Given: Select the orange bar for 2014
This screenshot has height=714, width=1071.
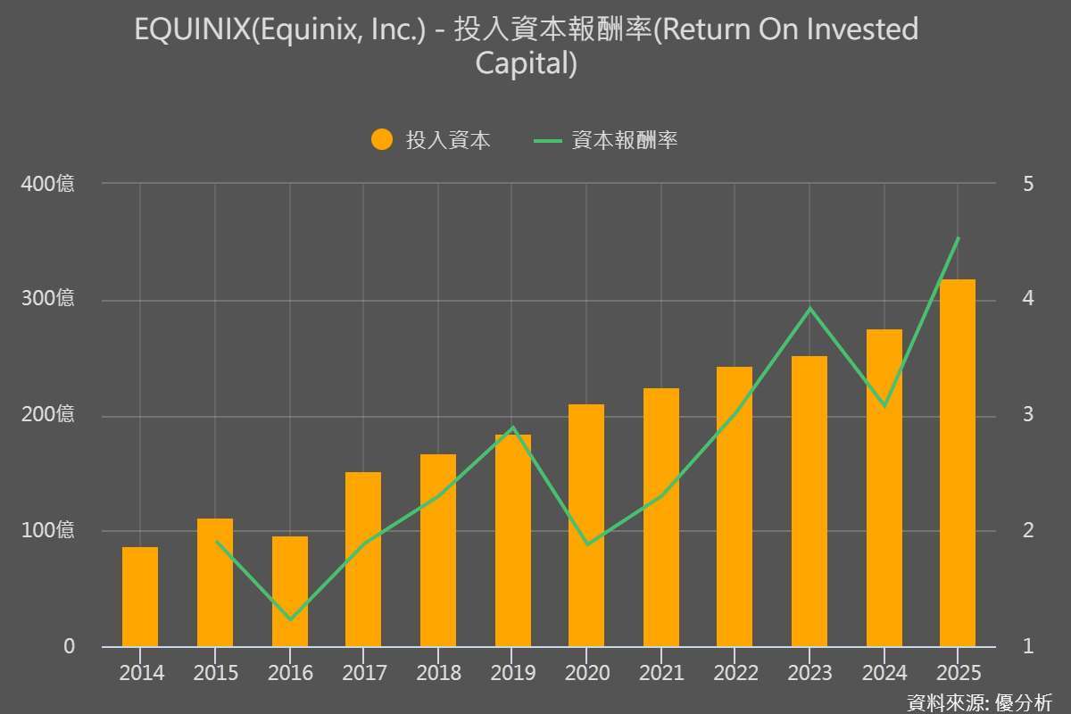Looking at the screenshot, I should [x=140, y=597].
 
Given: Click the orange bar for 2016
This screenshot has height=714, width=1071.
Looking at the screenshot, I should [x=290, y=592].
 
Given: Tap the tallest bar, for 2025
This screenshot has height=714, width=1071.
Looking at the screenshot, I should [x=958, y=463].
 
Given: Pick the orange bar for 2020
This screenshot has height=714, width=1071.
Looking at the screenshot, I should [x=586, y=526].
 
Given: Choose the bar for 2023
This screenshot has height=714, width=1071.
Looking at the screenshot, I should [x=809, y=502].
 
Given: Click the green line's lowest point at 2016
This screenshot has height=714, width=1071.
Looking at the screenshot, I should [x=290, y=619].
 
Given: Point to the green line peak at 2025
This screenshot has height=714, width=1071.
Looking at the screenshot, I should [x=958, y=238].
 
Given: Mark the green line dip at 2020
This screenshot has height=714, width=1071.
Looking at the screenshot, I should [x=586, y=544].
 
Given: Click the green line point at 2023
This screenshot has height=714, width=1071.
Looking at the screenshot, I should [x=809, y=309].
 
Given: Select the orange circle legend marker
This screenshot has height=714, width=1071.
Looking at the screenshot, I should [x=382, y=140].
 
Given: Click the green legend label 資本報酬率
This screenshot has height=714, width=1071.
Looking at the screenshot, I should [x=625, y=140].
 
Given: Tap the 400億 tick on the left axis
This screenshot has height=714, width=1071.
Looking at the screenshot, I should [x=48, y=184].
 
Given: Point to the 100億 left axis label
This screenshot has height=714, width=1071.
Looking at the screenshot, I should [x=48, y=531].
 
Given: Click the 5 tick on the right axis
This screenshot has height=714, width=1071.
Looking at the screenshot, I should [x=1028, y=184].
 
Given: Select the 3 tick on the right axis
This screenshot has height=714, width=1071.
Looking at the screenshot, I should [x=1028, y=415].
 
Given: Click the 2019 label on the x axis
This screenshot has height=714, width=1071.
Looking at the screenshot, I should [x=513, y=672].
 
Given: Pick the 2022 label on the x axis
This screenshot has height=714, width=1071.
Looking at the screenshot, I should [x=735, y=672].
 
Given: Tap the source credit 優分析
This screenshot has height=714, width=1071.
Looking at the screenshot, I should [x=1024, y=702].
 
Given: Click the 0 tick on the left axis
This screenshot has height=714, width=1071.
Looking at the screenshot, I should [x=69, y=646].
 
